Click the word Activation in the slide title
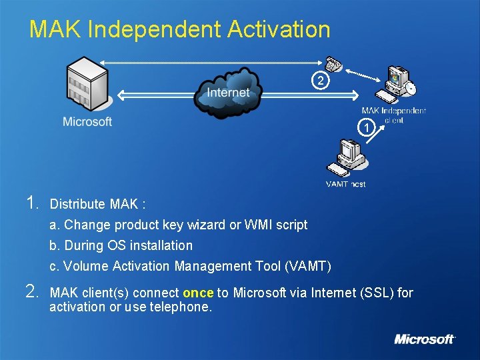pyautogui.click(x=279, y=29)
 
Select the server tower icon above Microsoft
pyautogui.click(x=87, y=84)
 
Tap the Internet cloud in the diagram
pyautogui.click(x=228, y=91)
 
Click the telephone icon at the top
pyautogui.click(x=334, y=64)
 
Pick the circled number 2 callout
pyautogui.click(x=321, y=81)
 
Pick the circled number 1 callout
pyautogui.click(x=365, y=127)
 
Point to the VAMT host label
pyautogui.click(x=345, y=184)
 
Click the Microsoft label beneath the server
pyautogui.click(x=87, y=121)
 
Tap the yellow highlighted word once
pyautogui.click(x=197, y=293)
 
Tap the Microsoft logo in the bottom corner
pyautogui.click(x=425, y=339)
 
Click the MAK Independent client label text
pyautogui.click(x=393, y=115)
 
